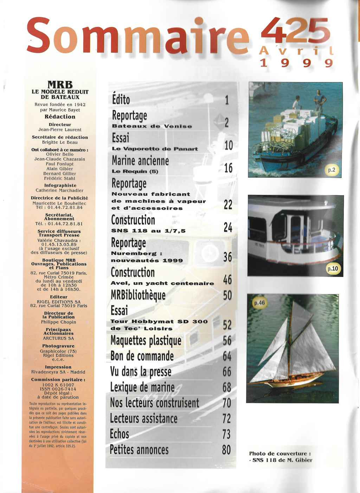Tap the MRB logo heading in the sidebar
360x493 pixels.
60,85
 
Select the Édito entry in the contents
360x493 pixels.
121,100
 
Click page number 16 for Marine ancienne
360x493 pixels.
228,168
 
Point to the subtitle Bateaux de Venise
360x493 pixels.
152,126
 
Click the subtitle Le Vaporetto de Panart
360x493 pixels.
155,149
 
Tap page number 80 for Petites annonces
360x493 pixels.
226,449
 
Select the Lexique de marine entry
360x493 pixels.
142,387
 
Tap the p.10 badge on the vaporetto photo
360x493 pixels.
333,269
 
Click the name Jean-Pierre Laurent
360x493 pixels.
60,129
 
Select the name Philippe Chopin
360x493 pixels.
58,322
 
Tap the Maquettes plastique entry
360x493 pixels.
146,341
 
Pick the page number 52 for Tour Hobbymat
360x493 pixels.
227,324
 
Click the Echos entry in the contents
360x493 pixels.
120,434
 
